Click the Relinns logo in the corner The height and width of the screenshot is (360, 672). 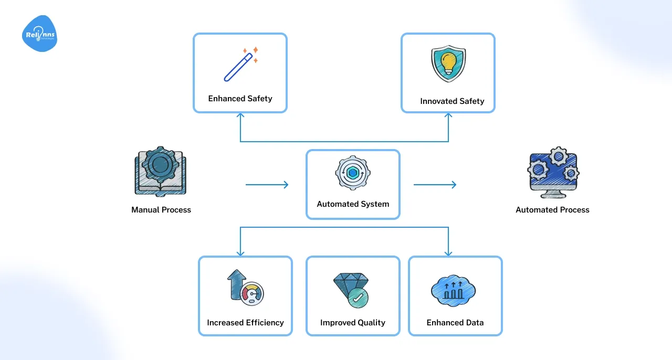click(x=40, y=34)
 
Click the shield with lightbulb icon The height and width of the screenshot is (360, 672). click(x=448, y=63)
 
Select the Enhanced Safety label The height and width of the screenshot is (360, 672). click(x=240, y=99)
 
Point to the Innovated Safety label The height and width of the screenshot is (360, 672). click(x=452, y=101)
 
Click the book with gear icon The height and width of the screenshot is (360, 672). click(x=160, y=172)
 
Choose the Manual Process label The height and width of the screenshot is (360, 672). click(x=161, y=210)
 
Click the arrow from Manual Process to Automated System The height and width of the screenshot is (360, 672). click(x=267, y=185)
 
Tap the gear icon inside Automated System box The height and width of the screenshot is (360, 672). click(x=353, y=173)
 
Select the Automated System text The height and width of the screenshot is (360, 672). click(x=353, y=204)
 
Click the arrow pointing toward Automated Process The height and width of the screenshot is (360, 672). click(x=435, y=185)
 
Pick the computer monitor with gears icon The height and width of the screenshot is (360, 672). click(x=553, y=172)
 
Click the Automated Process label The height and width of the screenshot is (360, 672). click(x=552, y=210)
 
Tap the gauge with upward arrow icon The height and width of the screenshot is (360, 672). click(x=245, y=288)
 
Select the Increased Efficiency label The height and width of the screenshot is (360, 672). click(x=245, y=323)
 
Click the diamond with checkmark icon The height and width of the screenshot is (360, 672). click(x=351, y=289)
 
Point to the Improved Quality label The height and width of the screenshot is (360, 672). click(x=353, y=323)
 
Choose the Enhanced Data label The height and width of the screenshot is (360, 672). click(x=455, y=323)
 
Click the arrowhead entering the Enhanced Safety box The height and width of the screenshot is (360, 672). click(x=240, y=117)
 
